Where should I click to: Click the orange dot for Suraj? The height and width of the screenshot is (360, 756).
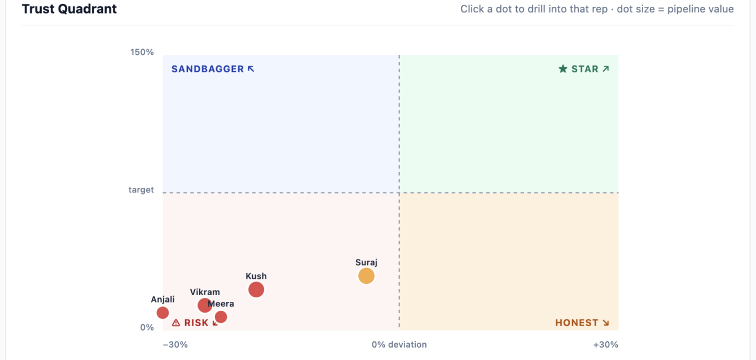(366, 276)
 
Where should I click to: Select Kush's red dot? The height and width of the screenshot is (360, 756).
(256, 289)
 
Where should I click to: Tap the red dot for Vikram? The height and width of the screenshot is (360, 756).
(205, 305)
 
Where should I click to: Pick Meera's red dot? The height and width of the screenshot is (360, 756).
(221, 317)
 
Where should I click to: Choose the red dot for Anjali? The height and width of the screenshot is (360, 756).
(162, 313)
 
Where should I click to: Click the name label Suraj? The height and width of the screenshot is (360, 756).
(366, 262)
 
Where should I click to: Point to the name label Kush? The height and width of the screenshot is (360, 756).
(256, 276)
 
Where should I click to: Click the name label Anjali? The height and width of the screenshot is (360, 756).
(162, 300)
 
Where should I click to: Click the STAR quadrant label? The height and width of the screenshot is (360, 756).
(584, 69)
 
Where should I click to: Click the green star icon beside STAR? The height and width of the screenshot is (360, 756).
(562, 69)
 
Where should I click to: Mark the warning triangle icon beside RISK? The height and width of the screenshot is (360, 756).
(176, 323)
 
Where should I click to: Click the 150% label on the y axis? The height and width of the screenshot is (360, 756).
(142, 52)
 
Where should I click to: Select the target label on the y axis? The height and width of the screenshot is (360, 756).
(141, 190)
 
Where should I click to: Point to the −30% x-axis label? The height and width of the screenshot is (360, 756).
(175, 344)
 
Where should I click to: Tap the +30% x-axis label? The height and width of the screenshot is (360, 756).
(606, 344)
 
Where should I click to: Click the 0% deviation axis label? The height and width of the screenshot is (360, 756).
(399, 344)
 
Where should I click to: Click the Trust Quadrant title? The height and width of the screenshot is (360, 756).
(69, 9)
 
